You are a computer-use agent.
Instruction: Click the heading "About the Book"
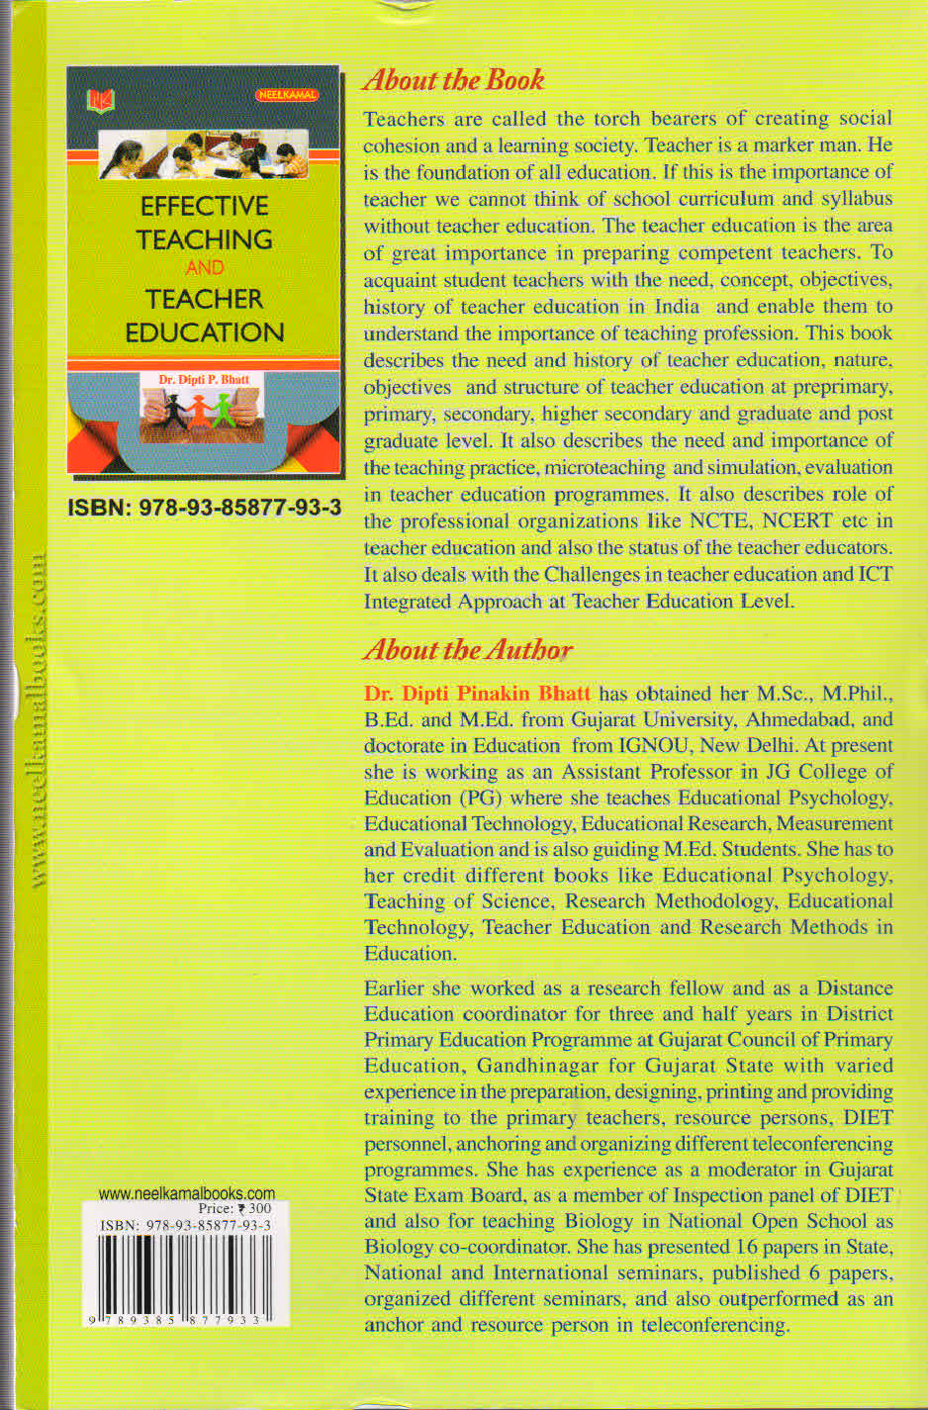coord(454,80)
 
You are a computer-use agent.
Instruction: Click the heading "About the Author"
coord(468,650)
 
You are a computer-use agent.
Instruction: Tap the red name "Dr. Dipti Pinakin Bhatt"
coord(478,694)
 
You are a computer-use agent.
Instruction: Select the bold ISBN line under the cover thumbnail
coord(204,508)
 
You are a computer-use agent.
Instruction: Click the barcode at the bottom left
coord(186,1276)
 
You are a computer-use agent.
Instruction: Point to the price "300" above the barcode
coord(260,1208)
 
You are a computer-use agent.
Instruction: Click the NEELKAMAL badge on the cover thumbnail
coord(287,95)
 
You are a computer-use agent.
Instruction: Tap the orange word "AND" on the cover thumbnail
coord(205,267)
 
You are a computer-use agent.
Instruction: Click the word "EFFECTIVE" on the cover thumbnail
coord(205,206)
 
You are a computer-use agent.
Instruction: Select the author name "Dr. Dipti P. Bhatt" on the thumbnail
coord(205,379)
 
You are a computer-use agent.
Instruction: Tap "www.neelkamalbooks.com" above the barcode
coord(187,1193)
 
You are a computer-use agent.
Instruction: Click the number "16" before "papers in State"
coord(748,1247)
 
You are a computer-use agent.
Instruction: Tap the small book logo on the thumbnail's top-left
coord(101,99)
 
